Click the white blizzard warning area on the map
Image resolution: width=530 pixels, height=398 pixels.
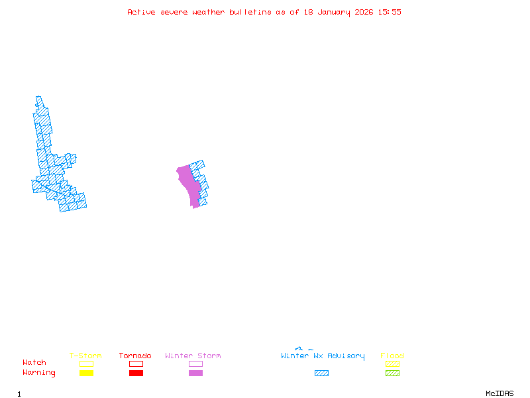[x=25, y=139]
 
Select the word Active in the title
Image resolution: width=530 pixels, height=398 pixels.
[x=142, y=12]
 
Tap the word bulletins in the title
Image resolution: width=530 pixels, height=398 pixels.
[x=250, y=12]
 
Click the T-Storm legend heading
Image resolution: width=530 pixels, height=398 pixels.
[x=85, y=356]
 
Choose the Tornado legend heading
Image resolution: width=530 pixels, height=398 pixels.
[x=135, y=356]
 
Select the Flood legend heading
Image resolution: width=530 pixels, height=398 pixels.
[x=392, y=356]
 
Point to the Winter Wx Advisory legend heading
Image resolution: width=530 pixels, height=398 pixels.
[x=323, y=356]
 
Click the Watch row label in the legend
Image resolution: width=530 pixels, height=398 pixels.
[x=34, y=363]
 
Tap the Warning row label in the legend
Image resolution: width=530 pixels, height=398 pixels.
[x=39, y=373]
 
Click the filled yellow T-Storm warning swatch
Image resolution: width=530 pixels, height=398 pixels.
[x=86, y=373]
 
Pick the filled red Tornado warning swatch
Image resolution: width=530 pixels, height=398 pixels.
[x=136, y=373]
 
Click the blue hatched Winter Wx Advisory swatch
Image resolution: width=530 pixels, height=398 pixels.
[x=321, y=373]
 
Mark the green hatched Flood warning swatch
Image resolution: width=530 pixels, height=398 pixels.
[x=392, y=373]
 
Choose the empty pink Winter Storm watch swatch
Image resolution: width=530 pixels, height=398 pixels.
[x=195, y=364]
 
